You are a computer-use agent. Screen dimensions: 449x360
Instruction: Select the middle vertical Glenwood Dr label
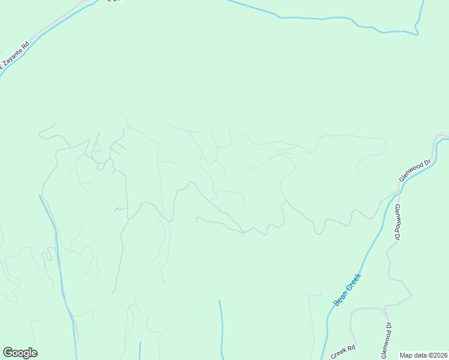coord(397,223)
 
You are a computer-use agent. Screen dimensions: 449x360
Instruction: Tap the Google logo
coord(20,353)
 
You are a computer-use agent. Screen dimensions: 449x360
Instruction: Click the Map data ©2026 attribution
coord(423,355)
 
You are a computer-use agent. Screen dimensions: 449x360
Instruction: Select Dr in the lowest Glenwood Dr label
coord(388,326)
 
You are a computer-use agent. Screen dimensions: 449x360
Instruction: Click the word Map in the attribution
coord(406,355)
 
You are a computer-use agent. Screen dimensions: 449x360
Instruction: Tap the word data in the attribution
coord(419,355)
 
